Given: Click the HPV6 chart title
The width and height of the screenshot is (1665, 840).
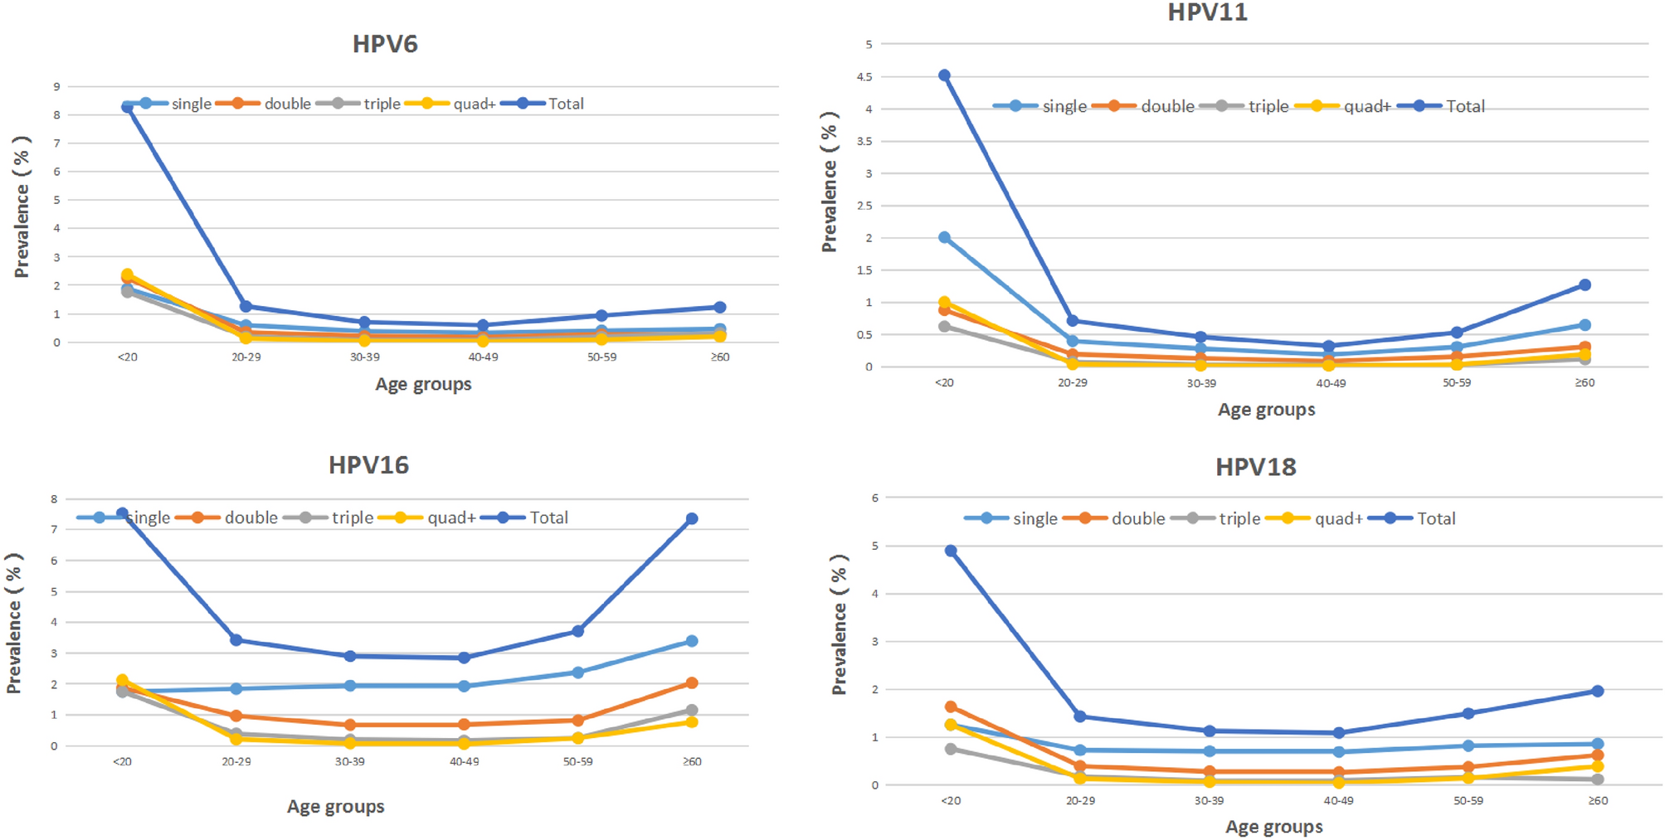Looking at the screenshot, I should pos(385,44).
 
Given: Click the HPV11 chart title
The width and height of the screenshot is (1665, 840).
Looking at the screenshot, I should pos(1207,12).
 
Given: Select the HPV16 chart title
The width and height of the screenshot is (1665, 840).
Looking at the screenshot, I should pos(368,465).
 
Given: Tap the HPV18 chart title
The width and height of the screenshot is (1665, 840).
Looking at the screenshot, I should pos(1255,467).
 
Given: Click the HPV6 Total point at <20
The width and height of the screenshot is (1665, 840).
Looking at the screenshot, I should pos(127,107).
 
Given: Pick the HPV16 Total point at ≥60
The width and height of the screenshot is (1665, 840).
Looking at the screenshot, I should pos(692,519).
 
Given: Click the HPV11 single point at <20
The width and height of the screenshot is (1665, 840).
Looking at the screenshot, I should pos(944,238).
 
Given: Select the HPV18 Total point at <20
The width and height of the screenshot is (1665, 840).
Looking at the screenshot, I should pos(951,551).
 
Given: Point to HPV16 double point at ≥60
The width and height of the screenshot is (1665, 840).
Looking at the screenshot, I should pos(692,683).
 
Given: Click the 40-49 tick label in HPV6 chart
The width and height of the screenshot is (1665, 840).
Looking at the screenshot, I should pos(483,357).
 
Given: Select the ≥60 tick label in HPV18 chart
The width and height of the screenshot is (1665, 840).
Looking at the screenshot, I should pos(1597,801).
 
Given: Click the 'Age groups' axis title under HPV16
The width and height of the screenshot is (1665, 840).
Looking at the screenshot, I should pos(335,806).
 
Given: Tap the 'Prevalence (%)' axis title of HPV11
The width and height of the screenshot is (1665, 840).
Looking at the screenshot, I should pos(829,182).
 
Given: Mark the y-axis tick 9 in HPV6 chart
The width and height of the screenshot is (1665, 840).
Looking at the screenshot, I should pos(56,86).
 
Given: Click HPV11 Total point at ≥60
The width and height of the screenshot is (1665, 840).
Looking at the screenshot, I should pos(1585,285).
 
